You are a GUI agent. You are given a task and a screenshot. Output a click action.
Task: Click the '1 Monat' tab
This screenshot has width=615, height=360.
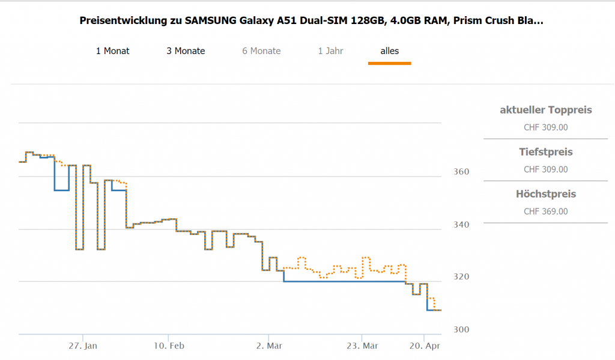click(x=112, y=51)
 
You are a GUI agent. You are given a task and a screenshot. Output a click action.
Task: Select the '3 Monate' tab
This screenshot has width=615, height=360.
click(x=186, y=51)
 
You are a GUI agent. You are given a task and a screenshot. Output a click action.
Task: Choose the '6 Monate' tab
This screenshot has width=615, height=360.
click(x=261, y=51)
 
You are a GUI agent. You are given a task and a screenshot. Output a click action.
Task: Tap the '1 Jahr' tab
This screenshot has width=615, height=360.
click(x=330, y=51)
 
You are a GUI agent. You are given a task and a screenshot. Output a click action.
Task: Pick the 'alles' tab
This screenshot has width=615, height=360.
click(x=389, y=51)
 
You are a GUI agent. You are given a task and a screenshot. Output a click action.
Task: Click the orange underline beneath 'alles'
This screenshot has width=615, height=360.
click(x=389, y=63)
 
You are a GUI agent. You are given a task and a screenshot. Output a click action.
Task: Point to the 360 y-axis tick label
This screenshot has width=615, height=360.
click(x=461, y=172)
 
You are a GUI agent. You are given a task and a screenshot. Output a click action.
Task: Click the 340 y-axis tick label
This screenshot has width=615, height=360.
click(x=461, y=224)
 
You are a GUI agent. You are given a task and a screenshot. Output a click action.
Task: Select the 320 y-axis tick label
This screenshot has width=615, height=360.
click(x=461, y=277)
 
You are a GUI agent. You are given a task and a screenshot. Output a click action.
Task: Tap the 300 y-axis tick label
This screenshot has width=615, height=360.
click(x=461, y=329)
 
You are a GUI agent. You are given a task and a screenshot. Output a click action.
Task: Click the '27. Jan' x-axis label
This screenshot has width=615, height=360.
click(x=83, y=346)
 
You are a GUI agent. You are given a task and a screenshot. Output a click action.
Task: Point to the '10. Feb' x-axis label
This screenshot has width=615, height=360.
click(x=168, y=346)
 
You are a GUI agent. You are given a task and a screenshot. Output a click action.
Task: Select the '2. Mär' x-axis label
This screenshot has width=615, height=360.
click(x=268, y=346)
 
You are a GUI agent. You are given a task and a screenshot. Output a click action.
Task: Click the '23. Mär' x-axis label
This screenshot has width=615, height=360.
click(x=362, y=346)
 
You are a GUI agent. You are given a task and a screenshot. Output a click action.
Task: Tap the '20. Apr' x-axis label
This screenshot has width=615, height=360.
click(x=424, y=346)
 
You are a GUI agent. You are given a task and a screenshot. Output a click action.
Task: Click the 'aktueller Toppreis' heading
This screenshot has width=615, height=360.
click(x=545, y=110)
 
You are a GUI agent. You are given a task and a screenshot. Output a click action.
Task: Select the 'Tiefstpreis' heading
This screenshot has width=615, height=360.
click(x=545, y=152)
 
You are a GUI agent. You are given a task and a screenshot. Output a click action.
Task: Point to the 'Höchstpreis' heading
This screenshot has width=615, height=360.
click(x=545, y=194)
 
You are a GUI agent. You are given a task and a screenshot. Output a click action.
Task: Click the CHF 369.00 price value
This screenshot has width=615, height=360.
click(x=545, y=212)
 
